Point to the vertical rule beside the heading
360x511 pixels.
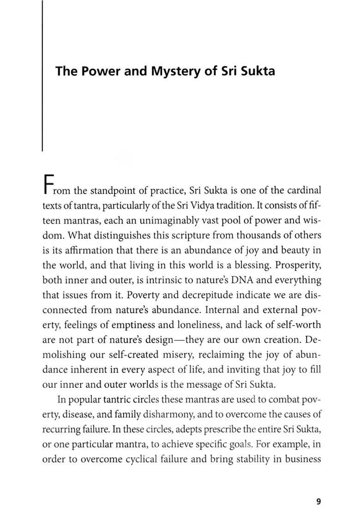point(42,76)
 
